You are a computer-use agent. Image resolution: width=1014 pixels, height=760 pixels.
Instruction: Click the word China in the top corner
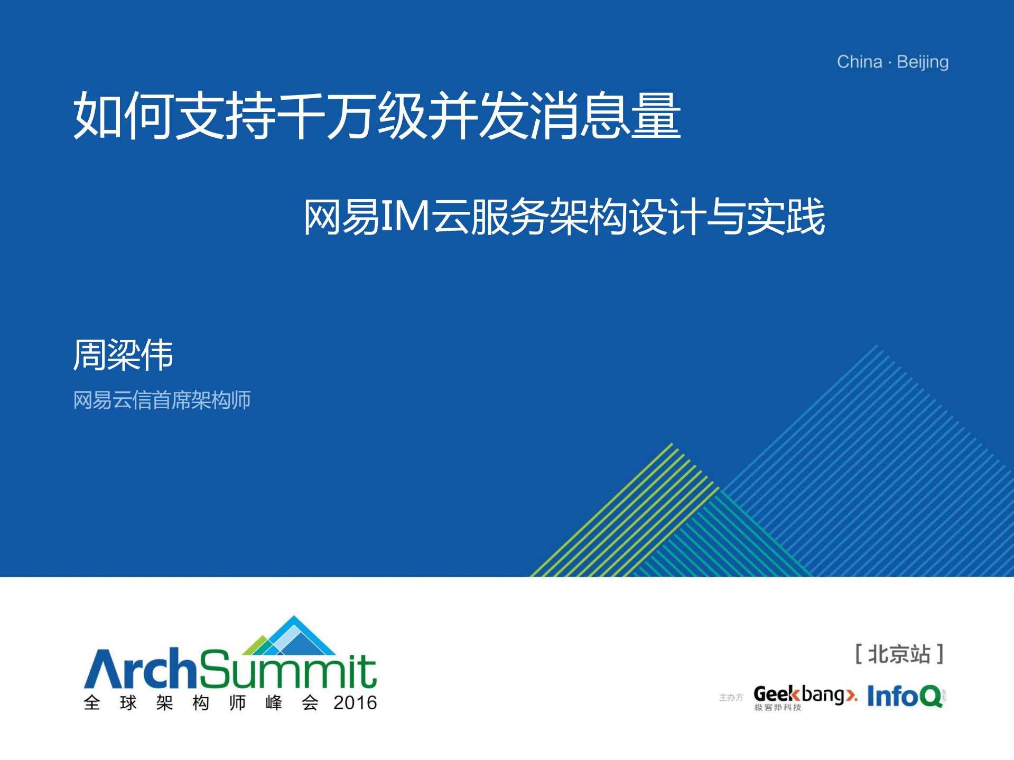click(x=859, y=62)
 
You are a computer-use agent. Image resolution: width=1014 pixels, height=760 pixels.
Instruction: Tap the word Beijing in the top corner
click(x=923, y=63)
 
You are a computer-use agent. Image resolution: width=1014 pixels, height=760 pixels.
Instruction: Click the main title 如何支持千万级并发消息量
click(x=377, y=115)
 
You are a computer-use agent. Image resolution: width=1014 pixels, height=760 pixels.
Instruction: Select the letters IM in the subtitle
click(x=404, y=216)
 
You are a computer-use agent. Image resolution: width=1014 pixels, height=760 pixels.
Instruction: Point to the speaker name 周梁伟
click(x=123, y=354)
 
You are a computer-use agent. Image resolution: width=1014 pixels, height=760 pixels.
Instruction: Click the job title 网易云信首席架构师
click(x=162, y=400)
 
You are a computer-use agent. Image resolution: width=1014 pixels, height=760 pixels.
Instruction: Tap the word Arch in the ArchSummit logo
click(x=141, y=668)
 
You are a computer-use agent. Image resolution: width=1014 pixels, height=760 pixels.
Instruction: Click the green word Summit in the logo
click(x=288, y=669)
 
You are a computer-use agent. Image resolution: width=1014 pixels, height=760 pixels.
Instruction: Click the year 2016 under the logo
click(x=355, y=703)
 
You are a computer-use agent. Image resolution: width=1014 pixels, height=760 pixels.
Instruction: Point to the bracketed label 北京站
click(x=899, y=654)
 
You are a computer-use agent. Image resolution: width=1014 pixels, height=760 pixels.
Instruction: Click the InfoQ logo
click(x=906, y=696)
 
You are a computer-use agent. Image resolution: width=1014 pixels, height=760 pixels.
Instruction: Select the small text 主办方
click(x=731, y=698)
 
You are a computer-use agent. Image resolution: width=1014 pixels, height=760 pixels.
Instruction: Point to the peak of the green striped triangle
click(x=672, y=443)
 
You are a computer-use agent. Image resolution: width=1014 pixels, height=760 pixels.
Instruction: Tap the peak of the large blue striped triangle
click(x=876, y=345)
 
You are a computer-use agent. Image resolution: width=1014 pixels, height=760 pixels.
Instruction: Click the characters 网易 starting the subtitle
click(x=342, y=217)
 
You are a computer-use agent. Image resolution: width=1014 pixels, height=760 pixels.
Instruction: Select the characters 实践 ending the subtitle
click(x=786, y=217)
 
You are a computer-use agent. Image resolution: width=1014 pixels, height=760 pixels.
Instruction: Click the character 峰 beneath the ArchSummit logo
click(x=274, y=703)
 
